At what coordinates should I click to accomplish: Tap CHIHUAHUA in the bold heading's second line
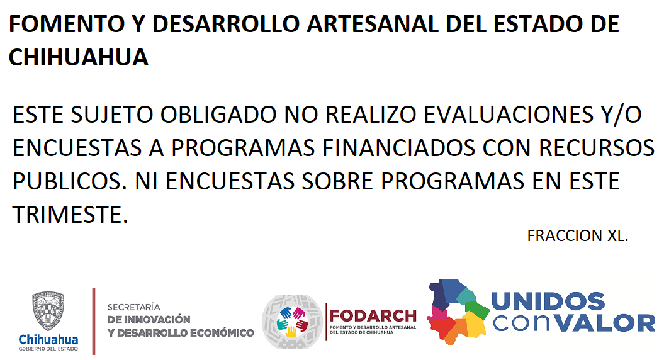click(x=78, y=58)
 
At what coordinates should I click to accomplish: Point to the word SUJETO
click(x=112, y=115)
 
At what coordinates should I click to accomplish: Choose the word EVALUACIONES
click(x=509, y=115)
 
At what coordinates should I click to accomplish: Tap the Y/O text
click(x=621, y=115)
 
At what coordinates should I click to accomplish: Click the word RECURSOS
click(x=597, y=148)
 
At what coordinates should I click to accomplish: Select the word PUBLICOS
click(x=70, y=181)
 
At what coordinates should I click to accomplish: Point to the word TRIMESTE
click(x=70, y=215)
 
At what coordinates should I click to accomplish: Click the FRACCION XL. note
click(x=578, y=235)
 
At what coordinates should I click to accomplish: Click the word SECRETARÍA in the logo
click(x=134, y=307)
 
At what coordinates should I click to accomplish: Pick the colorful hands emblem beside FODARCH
click(x=292, y=322)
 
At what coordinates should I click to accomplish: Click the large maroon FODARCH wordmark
click(x=373, y=316)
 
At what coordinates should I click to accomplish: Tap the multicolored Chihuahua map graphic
click(x=458, y=312)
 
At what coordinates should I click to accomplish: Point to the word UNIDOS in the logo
click(x=548, y=301)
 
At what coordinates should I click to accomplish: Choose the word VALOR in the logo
click(x=605, y=323)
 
